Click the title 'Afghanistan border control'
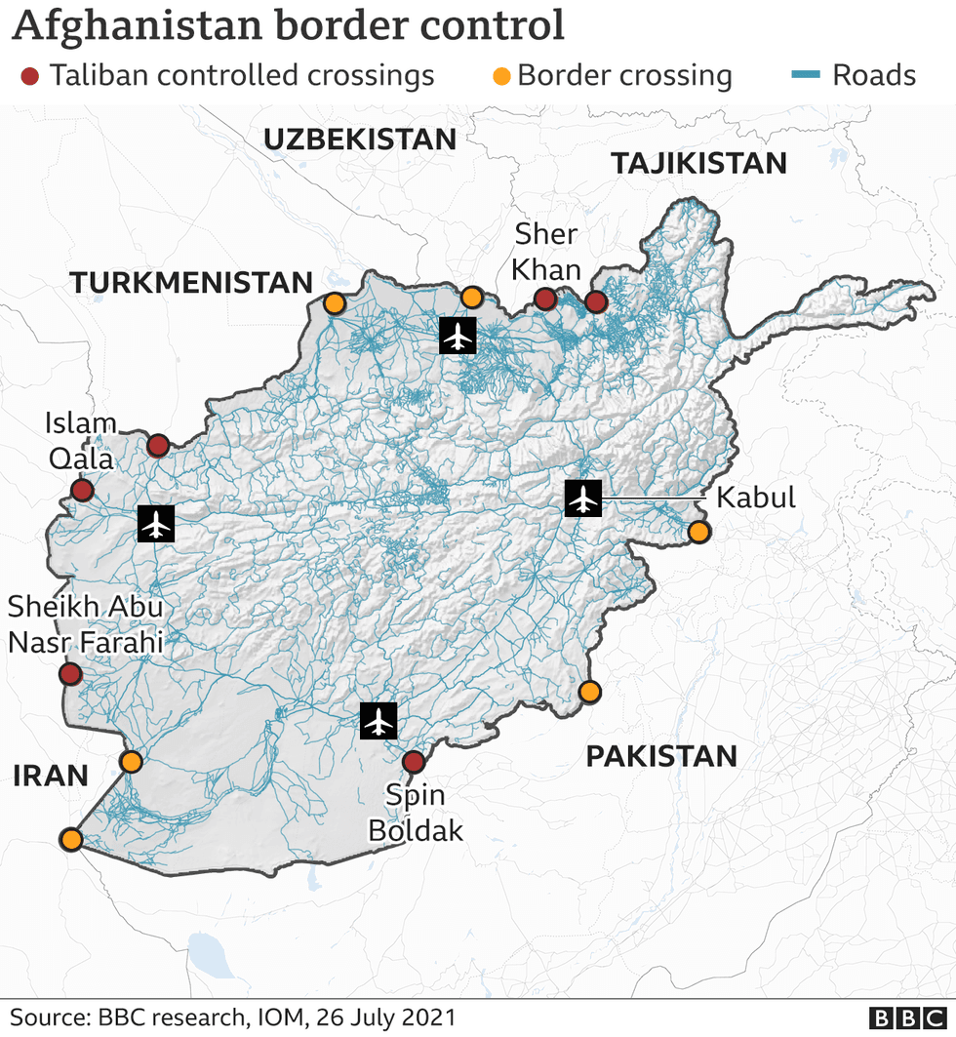tap(289, 25)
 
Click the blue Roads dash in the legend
tap(803, 76)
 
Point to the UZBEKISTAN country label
tap(360, 140)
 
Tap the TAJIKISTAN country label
tap(698, 163)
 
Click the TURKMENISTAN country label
tap(191, 283)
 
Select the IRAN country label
tap(51, 776)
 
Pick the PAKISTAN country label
tap(660, 755)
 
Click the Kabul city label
tap(756, 498)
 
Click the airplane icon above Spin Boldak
tap(378, 721)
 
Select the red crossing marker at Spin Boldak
tap(414, 761)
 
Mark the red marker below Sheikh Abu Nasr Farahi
tap(69, 674)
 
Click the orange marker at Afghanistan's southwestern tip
tap(70, 839)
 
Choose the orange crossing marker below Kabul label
tap(698, 532)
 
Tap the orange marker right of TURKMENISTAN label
tap(334, 303)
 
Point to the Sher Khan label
tap(546, 252)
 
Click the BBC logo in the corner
tap(907, 1017)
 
